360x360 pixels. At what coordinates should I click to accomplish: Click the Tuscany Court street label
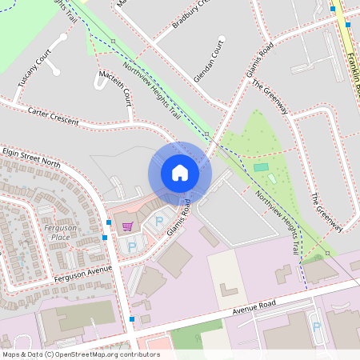(x=33, y=69)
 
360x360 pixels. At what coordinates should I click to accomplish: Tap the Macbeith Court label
(x=114, y=87)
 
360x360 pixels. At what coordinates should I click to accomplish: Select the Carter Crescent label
(x=53, y=115)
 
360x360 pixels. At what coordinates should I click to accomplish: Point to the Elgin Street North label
(x=31, y=156)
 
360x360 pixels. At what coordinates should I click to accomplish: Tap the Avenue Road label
(x=254, y=304)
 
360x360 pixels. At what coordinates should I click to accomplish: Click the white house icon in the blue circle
(x=180, y=173)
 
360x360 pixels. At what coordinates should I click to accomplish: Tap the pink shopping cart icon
(x=127, y=226)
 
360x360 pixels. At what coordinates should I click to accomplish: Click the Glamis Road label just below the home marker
(x=179, y=218)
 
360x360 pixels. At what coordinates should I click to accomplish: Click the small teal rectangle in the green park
(x=262, y=167)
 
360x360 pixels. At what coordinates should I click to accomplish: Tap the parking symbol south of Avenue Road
(x=316, y=326)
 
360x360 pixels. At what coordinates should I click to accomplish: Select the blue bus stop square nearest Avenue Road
(x=132, y=319)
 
